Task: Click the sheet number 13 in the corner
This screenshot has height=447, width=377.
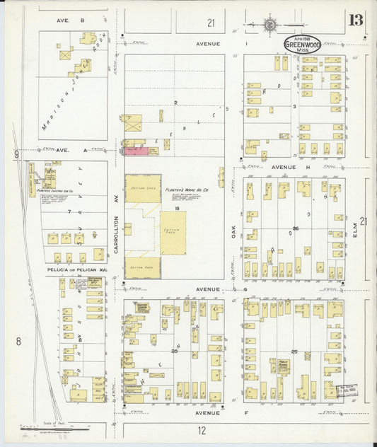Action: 355,19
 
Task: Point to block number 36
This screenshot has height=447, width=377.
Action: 296,228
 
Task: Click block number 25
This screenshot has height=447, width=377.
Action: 294,351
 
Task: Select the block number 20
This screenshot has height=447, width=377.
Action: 173,350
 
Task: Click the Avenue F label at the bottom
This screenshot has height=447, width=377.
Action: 208,412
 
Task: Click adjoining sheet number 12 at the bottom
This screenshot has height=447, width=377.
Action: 202,430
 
